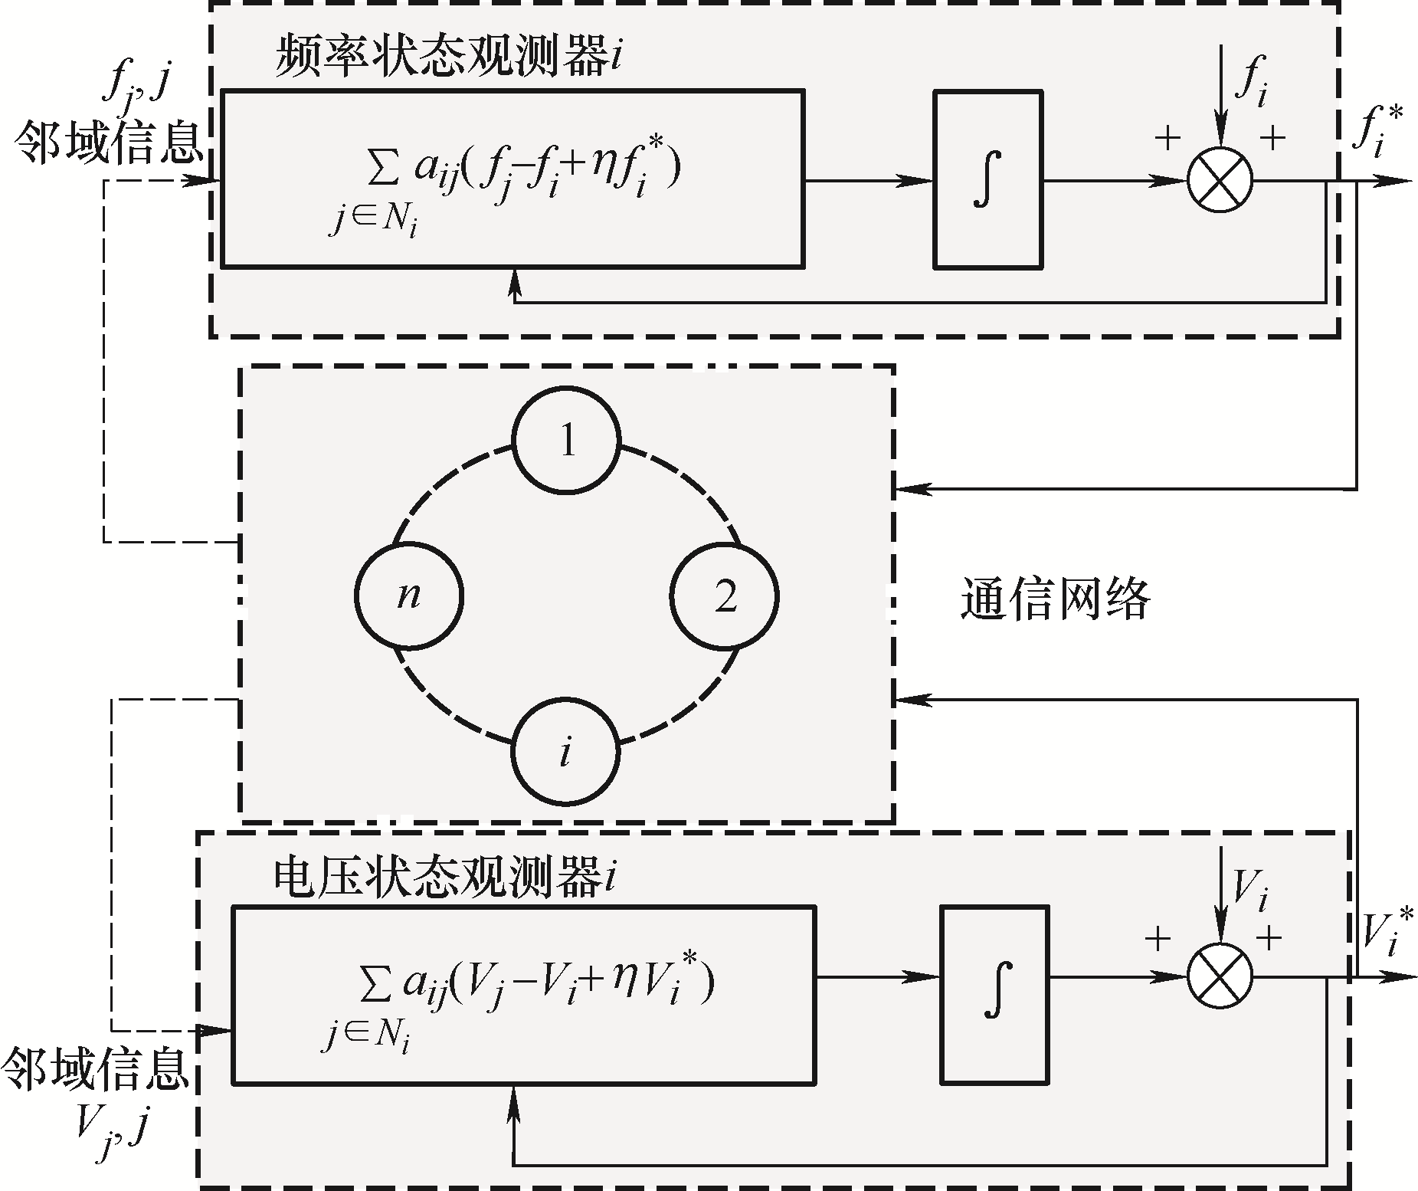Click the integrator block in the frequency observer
click(987, 179)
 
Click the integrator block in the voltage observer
click(994, 995)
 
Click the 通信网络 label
click(1056, 599)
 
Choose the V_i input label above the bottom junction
click(1249, 891)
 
